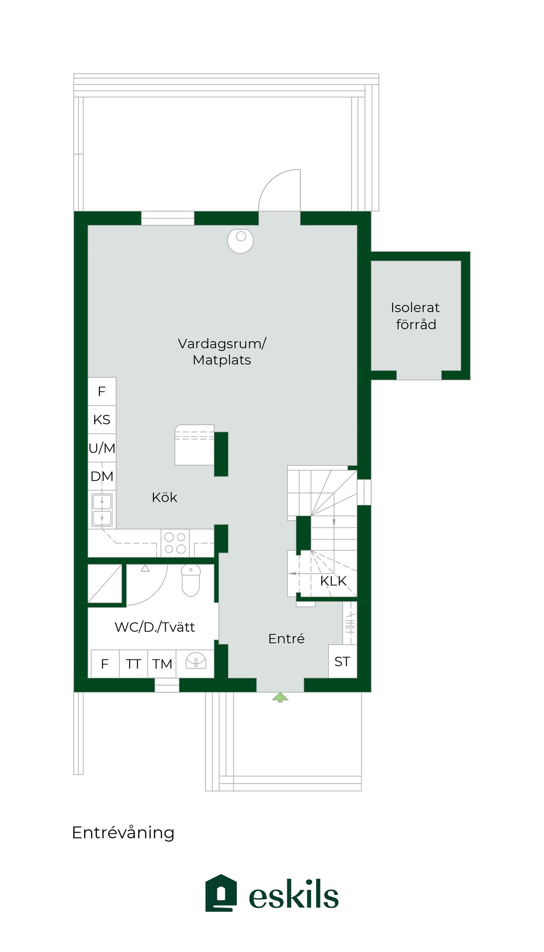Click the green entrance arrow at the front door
[280, 697]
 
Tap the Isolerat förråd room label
[415, 316]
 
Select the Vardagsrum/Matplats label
[222, 352]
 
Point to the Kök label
[164, 497]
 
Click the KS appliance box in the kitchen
[102, 420]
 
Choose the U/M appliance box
[102, 448]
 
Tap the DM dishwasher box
[102, 476]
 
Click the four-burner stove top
[175, 543]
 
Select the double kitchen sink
[102, 510]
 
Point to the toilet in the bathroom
[191, 580]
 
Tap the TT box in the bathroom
[133, 664]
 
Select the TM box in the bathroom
[162, 664]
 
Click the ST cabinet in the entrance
[342, 661]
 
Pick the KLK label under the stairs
[333, 581]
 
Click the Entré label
[286, 639]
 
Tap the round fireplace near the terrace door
[240, 241]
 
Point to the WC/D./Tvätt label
[155, 627]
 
